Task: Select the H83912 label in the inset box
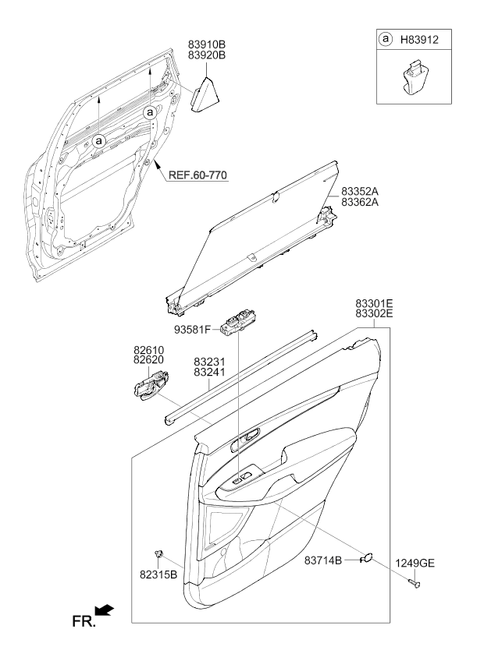419,40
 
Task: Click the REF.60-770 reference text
198,175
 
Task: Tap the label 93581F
193,330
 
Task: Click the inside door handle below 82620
150,384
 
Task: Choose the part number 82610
148,350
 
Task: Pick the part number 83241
209,373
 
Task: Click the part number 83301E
374,303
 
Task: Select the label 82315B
158,575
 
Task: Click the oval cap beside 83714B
366,558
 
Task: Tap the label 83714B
323,560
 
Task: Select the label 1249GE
415,564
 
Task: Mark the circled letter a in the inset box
385,40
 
